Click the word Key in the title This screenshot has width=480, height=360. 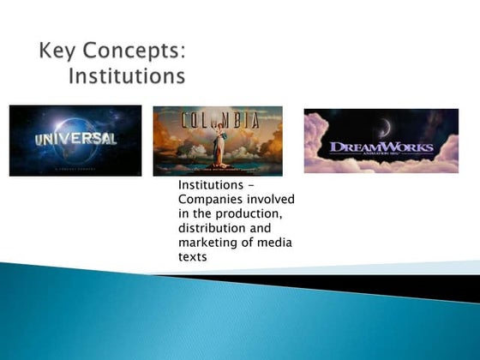point(57,51)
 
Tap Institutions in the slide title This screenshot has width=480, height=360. point(126,76)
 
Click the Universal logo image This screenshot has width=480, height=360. point(75,141)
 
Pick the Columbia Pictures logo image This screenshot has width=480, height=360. point(218,141)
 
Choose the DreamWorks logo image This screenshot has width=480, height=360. point(381,141)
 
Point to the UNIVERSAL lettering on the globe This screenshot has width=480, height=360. point(75,138)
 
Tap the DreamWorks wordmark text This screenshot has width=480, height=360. point(381,147)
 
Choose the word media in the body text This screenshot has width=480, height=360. point(276,243)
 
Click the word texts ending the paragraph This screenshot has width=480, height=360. point(193,257)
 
